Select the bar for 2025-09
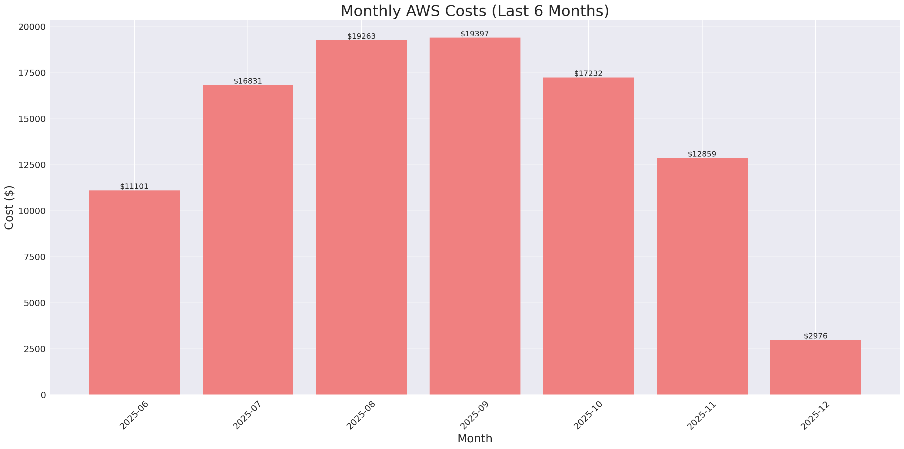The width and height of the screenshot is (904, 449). coord(475,216)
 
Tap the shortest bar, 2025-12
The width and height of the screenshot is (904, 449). coord(815,367)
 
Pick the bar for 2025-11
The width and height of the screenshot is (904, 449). coord(702,276)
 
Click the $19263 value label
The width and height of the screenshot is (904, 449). coord(361,36)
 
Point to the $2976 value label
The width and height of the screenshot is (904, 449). coord(816,336)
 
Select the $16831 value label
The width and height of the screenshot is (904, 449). coord(248,81)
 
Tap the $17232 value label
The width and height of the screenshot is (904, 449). coord(588,73)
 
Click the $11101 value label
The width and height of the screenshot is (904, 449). coord(134,186)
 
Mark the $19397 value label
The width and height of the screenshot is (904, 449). coord(474,34)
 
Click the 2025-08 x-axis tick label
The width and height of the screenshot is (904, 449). coord(361,415)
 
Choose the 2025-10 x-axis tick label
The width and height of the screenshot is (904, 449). coord(588,415)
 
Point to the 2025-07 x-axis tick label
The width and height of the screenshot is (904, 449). coord(247,415)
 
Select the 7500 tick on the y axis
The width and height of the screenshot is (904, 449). coord(35,257)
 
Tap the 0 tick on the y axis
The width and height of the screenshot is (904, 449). coord(43,395)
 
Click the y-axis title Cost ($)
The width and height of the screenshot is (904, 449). coord(9,207)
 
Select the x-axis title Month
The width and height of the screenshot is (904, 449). coord(475,438)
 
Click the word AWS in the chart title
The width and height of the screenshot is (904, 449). coord(423,11)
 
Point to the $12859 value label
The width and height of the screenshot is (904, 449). coord(702,154)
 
